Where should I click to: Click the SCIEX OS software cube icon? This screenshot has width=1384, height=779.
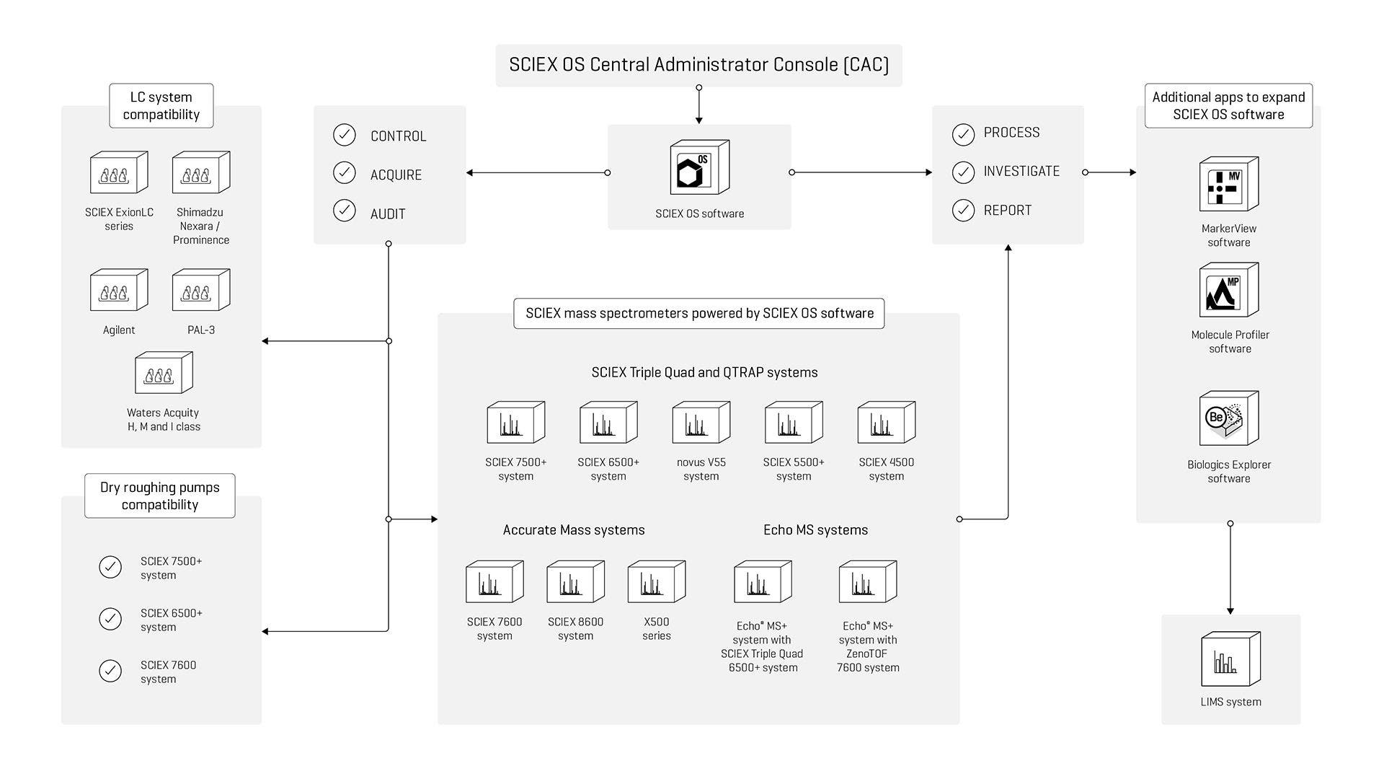click(x=699, y=167)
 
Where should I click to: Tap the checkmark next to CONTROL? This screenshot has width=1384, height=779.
click(x=345, y=135)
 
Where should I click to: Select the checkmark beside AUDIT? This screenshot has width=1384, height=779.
click(x=345, y=210)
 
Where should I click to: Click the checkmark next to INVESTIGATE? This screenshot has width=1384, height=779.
click(x=963, y=172)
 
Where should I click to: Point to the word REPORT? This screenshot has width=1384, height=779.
click(x=1008, y=211)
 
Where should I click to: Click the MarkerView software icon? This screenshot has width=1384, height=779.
click(x=1229, y=184)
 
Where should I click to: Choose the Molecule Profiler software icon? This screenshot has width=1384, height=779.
click(x=1229, y=290)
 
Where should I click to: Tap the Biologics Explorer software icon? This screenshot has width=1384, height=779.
click(x=1229, y=418)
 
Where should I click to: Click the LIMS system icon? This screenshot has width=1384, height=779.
click(x=1230, y=659)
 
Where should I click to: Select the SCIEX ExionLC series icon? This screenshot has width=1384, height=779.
click(x=119, y=172)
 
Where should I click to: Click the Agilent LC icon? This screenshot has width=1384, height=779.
click(x=119, y=290)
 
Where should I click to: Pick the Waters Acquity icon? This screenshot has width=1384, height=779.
click(x=164, y=372)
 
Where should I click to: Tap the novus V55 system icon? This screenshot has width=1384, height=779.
click(x=701, y=422)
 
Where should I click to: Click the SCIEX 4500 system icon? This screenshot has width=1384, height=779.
click(x=886, y=422)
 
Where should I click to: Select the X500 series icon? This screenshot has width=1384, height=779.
click(x=656, y=581)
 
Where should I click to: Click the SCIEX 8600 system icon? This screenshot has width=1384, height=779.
click(x=575, y=581)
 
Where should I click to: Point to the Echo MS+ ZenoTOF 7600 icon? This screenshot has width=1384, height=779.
click(x=868, y=581)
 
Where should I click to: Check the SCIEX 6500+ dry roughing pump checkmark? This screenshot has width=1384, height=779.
click(x=110, y=619)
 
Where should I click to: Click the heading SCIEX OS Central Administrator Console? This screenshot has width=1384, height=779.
click(x=698, y=65)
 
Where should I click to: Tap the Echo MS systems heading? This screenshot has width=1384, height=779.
click(x=815, y=530)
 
